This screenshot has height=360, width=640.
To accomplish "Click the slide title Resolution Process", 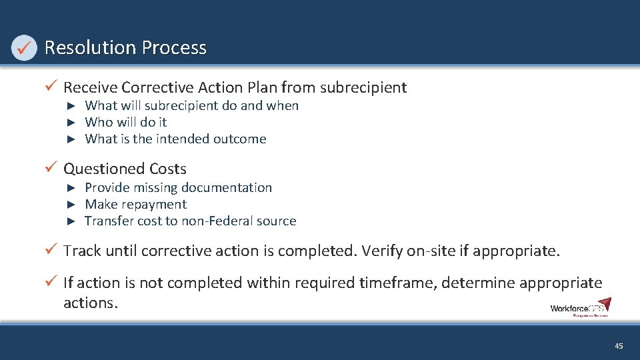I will click(125, 48).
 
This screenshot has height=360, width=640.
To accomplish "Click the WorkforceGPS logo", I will click(580, 308).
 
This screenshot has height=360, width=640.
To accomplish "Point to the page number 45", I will click(619, 346).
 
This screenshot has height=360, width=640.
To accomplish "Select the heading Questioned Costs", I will click(125, 169).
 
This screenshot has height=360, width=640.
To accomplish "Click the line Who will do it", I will click(126, 122).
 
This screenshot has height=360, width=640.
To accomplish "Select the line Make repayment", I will click(135, 205).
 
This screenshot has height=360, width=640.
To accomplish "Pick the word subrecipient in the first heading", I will click(363, 87).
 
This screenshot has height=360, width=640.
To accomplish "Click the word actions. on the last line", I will click(91, 303).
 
